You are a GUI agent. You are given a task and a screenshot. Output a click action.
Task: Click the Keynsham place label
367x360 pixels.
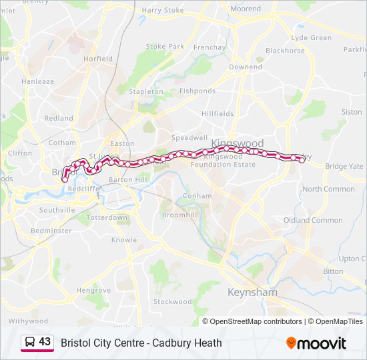[x=252, y=293]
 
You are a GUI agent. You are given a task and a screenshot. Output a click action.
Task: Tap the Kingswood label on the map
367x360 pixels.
[x=237, y=143]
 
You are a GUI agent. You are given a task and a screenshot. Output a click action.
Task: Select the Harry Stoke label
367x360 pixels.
[x=163, y=11]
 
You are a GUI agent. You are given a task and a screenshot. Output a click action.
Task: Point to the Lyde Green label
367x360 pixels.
[x=312, y=38]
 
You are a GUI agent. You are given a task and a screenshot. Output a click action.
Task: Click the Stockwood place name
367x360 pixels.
[x=172, y=301]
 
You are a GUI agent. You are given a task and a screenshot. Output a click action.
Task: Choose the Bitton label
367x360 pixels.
[x=334, y=272]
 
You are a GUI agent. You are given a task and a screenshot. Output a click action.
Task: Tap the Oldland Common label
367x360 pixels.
[x=313, y=220]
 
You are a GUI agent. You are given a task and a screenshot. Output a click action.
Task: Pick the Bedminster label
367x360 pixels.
[x=51, y=231]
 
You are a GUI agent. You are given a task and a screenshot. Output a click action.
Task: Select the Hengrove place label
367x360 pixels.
[x=93, y=291]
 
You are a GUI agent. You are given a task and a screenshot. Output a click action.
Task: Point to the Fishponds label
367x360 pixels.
[x=198, y=91]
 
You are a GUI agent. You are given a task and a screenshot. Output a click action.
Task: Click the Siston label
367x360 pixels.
[x=352, y=112]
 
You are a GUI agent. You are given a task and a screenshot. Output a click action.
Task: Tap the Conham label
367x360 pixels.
[x=198, y=196]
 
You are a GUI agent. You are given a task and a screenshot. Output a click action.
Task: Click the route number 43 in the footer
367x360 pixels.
[x=45, y=342]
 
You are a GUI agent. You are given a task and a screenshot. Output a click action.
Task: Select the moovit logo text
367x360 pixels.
[x=322, y=344]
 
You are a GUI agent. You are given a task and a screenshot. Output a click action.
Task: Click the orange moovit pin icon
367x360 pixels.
[x=291, y=343]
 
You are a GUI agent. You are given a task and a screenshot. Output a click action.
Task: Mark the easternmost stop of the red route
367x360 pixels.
[x=302, y=159]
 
